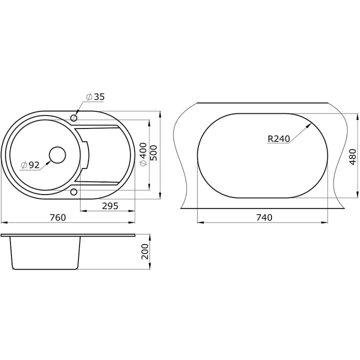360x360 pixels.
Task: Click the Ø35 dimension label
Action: click(95, 97)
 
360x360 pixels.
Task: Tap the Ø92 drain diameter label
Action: click(30, 165)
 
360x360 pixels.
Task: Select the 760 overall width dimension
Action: click(58, 217)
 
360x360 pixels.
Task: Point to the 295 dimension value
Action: click(110, 206)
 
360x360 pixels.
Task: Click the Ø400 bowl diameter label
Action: click(143, 154)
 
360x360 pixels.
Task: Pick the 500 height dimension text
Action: click(153, 153)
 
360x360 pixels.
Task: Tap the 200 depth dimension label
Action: click(145, 251)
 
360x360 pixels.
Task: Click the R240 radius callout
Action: click(279, 139)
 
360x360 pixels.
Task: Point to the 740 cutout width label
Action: click(264, 217)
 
